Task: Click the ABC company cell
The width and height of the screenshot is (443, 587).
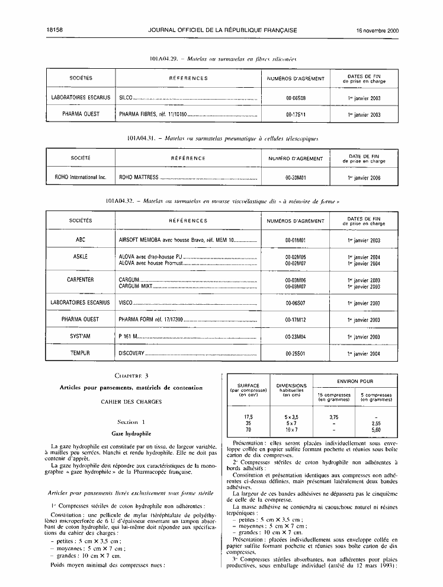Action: coord(81,240)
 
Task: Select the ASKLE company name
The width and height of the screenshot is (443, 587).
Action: coord(81,257)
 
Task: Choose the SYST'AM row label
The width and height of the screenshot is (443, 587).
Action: coord(81,336)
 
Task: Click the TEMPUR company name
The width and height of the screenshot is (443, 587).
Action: coord(81,353)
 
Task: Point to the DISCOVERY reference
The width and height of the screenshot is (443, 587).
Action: coord(131,353)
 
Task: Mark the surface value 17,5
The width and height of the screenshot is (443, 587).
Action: coord(249,416)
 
